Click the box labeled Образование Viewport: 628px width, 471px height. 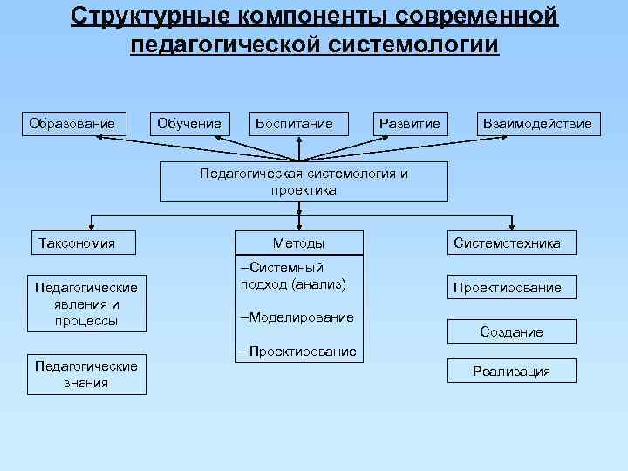(x=72, y=124)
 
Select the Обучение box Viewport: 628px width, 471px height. (x=189, y=124)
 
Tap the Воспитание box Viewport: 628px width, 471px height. (x=294, y=124)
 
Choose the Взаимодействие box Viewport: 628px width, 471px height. (x=537, y=124)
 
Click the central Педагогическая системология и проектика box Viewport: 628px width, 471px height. (x=304, y=181)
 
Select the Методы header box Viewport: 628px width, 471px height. (x=298, y=243)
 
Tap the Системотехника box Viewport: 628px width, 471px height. (x=507, y=243)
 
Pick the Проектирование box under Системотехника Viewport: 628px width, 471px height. (x=506, y=287)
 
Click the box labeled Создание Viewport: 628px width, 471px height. (x=511, y=331)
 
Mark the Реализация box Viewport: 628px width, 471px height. (x=511, y=372)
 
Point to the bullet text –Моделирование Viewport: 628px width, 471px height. (x=297, y=317)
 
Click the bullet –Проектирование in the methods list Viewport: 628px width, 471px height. (x=298, y=351)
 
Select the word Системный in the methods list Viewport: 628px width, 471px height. (x=285, y=268)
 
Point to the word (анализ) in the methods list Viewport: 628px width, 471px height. (x=318, y=283)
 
